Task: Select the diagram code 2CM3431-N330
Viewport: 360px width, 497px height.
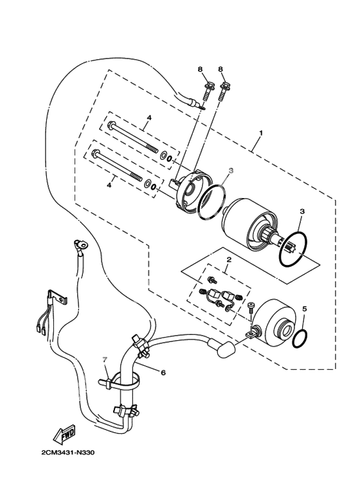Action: click(68, 453)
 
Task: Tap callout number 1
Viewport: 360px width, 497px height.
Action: click(261, 133)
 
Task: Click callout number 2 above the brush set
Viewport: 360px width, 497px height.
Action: click(228, 260)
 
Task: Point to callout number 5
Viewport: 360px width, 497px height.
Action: click(305, 309)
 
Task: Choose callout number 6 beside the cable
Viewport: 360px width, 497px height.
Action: click(163, 373)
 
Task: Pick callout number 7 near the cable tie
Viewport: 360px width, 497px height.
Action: click(105, 359)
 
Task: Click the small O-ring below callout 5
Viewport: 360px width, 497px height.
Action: click(300, 338)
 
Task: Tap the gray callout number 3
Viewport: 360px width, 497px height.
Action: click(231, 170)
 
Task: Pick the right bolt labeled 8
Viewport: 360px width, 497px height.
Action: click(224, 92)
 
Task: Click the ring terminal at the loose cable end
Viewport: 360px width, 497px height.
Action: click(80, 244)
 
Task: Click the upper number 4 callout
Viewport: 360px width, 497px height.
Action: click(149, 118)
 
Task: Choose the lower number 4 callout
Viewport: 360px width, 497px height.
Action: click(109, 185)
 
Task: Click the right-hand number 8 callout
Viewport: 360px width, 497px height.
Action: click(221, 69)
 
